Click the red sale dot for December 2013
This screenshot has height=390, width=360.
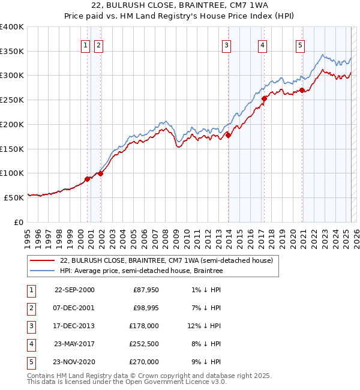click(228, 135)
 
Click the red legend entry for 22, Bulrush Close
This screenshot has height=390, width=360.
click(167, 260)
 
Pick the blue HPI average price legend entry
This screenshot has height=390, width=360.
click(141, 271)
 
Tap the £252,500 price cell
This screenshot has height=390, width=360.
click(144, 344)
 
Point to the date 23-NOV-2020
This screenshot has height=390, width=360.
click(74, 362)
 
